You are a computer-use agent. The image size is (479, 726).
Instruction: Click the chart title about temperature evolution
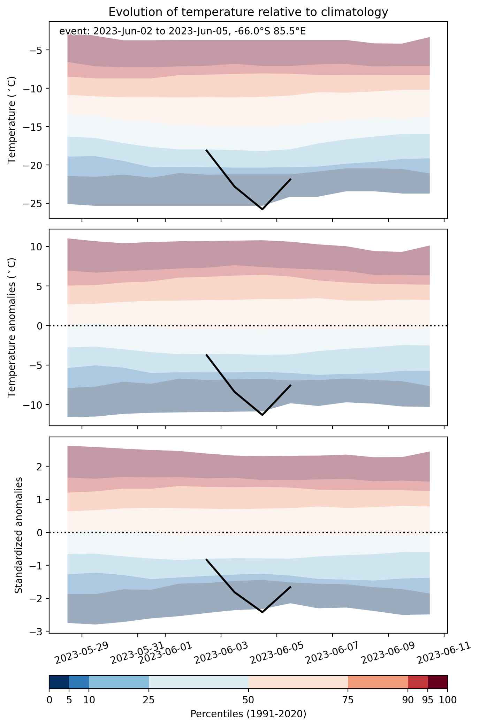248,12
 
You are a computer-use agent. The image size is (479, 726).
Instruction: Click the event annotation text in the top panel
182,31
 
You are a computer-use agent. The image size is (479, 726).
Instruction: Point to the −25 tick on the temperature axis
34,203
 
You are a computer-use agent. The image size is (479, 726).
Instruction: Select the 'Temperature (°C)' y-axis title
12,120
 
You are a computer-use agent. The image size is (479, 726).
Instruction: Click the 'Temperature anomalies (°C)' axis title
12,327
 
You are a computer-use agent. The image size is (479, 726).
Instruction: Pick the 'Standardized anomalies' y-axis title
19,535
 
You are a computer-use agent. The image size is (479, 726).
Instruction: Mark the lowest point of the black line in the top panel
262,209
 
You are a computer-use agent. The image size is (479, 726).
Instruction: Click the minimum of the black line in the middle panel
262,415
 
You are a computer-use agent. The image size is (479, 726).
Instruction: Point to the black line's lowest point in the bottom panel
262,612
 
